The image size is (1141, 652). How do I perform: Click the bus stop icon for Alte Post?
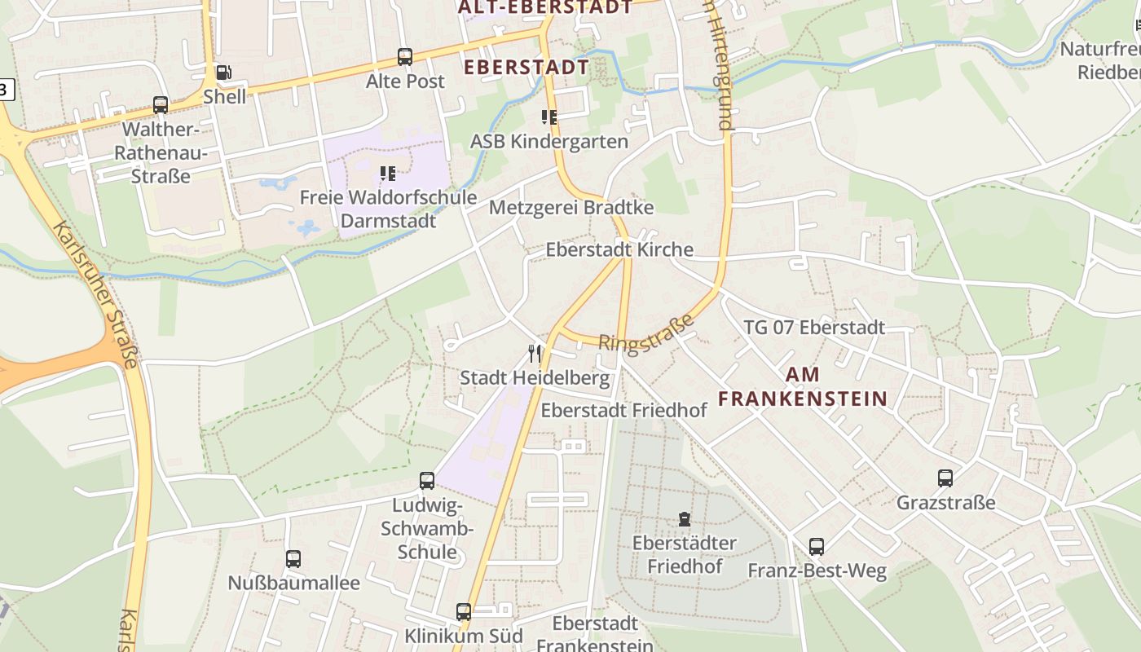pos(405,57)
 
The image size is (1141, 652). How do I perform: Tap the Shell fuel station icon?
pos(224,73)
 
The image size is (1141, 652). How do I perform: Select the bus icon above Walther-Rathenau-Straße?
pos(161,105)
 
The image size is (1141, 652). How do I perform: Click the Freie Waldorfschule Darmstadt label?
pos(388,209)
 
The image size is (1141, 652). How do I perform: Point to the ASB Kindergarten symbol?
pos(549,117)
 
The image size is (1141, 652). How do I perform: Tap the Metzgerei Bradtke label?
pos(571,208)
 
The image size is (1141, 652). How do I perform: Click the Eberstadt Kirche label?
pos(619,249)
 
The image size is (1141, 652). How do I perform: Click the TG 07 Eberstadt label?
pos(814,328)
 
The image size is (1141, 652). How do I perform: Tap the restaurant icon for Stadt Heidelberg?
pos(535,354)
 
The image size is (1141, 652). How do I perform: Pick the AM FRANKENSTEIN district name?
pos(802,387)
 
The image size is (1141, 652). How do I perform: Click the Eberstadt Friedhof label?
pos(623,410)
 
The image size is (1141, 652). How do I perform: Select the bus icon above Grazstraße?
pos(945,478)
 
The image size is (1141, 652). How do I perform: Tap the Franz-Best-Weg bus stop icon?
pos(817,547)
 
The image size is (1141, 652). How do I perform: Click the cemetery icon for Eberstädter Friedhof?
pos(684,519)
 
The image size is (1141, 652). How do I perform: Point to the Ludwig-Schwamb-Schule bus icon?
pos(427,481)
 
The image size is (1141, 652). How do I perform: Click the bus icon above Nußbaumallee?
pos(293,559)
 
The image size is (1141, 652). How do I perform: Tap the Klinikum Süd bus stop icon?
pos(464,611)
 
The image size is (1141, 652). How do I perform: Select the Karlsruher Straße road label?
pos(95,293)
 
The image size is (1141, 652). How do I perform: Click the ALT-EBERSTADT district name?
pos(545,8)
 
